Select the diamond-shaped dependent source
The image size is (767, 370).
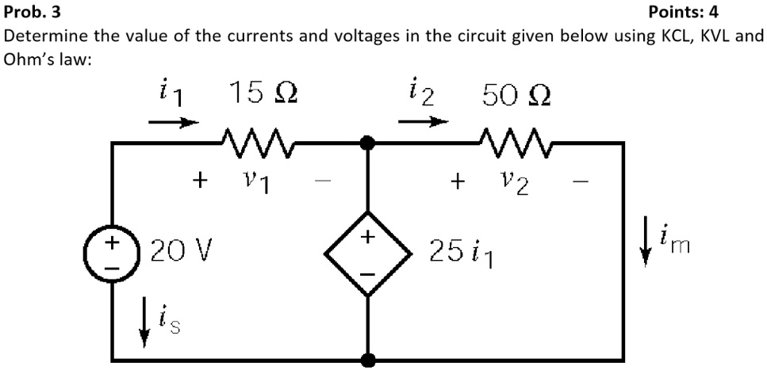pos(367,253)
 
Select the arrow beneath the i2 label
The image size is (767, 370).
pos(424,123)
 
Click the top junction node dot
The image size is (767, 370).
pos(367,143)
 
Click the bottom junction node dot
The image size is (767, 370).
pos(367,360)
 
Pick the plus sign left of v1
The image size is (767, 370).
pos(201,181)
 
